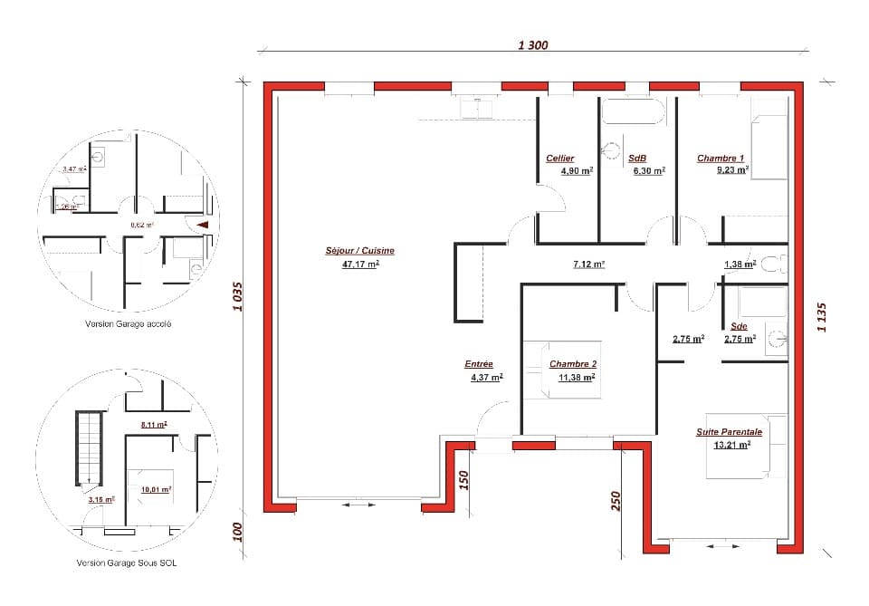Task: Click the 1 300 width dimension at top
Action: (x=533, y=45)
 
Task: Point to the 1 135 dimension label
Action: (x=822, y=317)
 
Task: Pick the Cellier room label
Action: (x=559, y=159)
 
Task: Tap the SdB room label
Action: (x=637, y=159)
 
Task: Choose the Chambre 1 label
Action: (x=721, y=159)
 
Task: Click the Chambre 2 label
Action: (x=572, y=364)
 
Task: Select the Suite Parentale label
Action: (x=729, y=432)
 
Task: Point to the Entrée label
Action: (x=479, y=364)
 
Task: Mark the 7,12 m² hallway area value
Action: (x=588, y=265)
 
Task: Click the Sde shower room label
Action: (x=739, y=326)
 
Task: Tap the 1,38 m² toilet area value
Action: (x=740, y=265)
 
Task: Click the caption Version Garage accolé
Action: (x=128, y=323)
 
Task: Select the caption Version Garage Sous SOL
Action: (x=127, y=563)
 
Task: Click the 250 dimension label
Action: (x=615, y=501)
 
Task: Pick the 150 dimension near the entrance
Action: (x=463, y=479)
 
